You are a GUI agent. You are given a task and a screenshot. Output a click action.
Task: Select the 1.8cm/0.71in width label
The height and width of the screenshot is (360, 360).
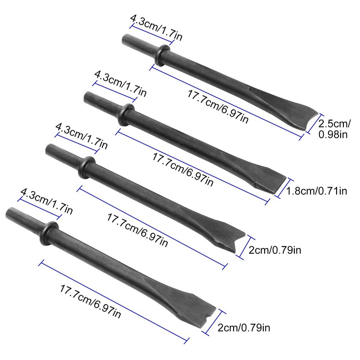coord(317,191)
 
